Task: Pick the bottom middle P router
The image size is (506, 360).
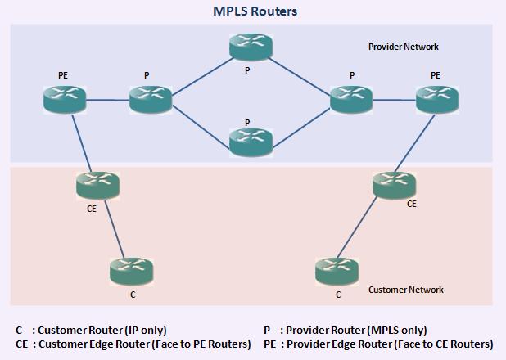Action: [251, 143]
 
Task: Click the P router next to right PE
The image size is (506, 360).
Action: [352, 100]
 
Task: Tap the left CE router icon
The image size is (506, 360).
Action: [97, 186]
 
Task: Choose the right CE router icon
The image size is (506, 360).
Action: [394, 184]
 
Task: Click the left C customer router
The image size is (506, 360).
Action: [131, 270]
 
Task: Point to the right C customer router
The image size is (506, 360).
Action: [336, 270]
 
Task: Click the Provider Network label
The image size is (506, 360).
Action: [404, 47]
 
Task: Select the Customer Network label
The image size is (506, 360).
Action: [405, 290]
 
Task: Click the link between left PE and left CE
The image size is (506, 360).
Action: [82, 144]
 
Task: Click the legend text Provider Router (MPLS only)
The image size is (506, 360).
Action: [353, 330]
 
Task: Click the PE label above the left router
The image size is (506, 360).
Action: [63, 75]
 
